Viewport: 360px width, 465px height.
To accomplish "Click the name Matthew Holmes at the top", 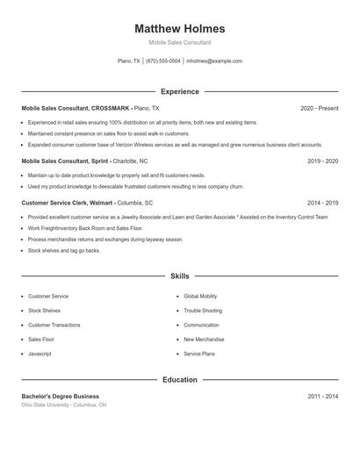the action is pyautogui.click(x=180, y=28).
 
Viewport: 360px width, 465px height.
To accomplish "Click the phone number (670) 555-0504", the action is pyautogui.click(x=163, y=61).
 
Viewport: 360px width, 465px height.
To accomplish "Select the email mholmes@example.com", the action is pyautogui.click(x=214, y=61).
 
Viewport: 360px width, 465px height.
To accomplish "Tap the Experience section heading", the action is pyautogui.click(x=180, y=91).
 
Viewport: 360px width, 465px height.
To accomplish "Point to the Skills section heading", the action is pyautogui.click(x=180, y=276).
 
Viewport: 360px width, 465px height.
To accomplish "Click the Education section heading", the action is pyautogui.click(x=180, y=380).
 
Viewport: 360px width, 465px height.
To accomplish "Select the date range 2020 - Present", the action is pyautogui.click(x=319, y=108).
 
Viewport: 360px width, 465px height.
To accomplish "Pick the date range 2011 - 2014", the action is pyautogui.click(x=322, y=397).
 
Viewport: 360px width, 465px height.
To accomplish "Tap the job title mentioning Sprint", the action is pyautogui.click(x=64, y=161).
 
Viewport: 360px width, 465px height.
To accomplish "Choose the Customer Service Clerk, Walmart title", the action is pyautogui.click(x=68, y=202).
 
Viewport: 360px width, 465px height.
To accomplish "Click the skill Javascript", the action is pyautogui.click(x=40, y=353).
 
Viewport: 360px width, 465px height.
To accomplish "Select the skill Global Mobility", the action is pyautogui.click(x=201, y=297).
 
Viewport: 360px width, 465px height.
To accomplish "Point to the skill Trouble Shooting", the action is pyautogui.click(x=203, y=311).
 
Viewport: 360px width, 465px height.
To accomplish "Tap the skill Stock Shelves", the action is pyautogui.click(x=44, y=311).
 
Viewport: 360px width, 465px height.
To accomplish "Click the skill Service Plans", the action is pyautogui.click(x=198, y=353).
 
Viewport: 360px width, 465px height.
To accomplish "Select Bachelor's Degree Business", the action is pyautogui.click(x=60, y=397).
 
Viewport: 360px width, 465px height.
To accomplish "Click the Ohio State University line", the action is pyautogui.click(x=64, y=405).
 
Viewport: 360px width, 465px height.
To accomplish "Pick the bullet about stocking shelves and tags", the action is pyautogui.click(x=64, y=250).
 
